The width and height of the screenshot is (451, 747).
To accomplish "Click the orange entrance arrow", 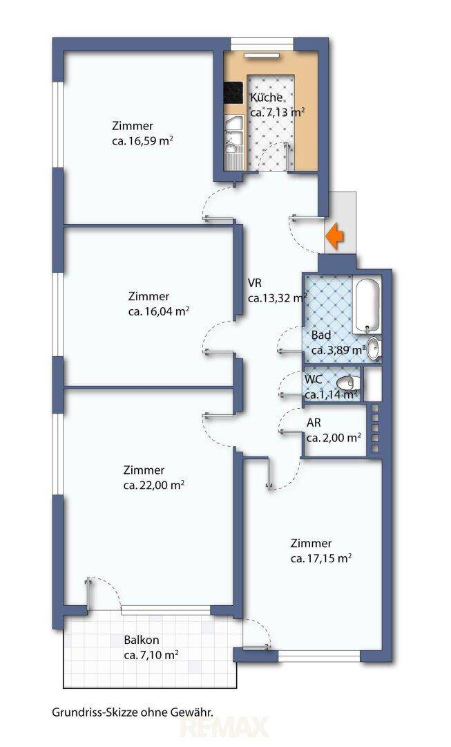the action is [335, 236].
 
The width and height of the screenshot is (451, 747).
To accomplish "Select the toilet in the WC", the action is [349, 382].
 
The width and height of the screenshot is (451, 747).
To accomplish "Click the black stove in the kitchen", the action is [233, 93].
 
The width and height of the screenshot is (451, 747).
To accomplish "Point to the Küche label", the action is [267, 98].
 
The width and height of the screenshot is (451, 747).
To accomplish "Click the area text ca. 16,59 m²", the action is [142, 142].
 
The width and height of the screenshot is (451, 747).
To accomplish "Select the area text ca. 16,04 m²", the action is [159, 311].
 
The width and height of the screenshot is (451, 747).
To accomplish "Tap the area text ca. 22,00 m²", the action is [153, 486].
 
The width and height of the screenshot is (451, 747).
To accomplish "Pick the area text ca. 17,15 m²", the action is [321, 558].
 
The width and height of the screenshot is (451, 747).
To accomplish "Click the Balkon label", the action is [142, 640].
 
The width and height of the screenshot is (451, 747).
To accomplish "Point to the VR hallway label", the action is [255, 283].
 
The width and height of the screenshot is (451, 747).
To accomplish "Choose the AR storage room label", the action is [314, 423].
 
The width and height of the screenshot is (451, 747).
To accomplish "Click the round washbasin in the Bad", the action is [374, 348].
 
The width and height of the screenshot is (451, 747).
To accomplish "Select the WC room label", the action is [313, 380].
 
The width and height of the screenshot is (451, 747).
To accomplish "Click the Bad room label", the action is [321, 335].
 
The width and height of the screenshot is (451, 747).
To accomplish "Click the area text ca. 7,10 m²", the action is [151, 656].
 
